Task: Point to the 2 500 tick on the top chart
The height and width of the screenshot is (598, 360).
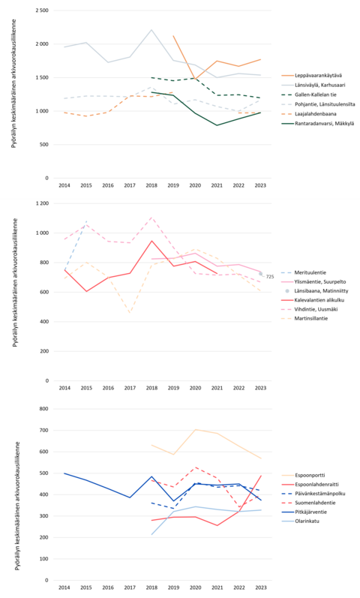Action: point(42,11)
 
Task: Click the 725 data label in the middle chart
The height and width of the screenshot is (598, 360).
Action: point(270,278)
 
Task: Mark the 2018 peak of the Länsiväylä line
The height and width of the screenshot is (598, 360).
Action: point(151,30)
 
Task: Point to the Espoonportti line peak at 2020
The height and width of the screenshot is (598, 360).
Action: point(196,429)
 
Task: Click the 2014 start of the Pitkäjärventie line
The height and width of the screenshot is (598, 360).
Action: point(64,473)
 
